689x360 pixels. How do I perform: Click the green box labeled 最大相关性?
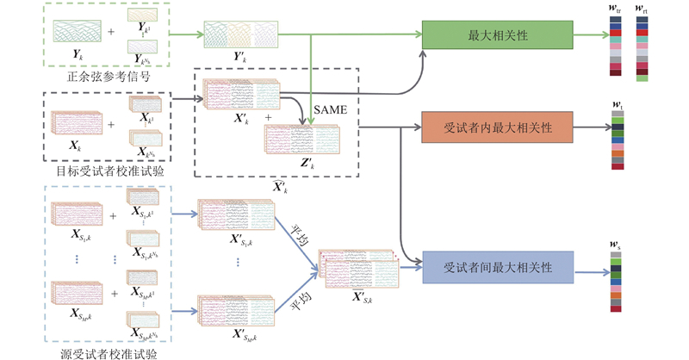click(497, 35)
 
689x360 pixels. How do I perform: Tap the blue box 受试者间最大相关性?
click(497, 267)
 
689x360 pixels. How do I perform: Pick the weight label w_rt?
click(642, 9)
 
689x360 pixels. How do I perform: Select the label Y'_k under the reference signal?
click(240, 57)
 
